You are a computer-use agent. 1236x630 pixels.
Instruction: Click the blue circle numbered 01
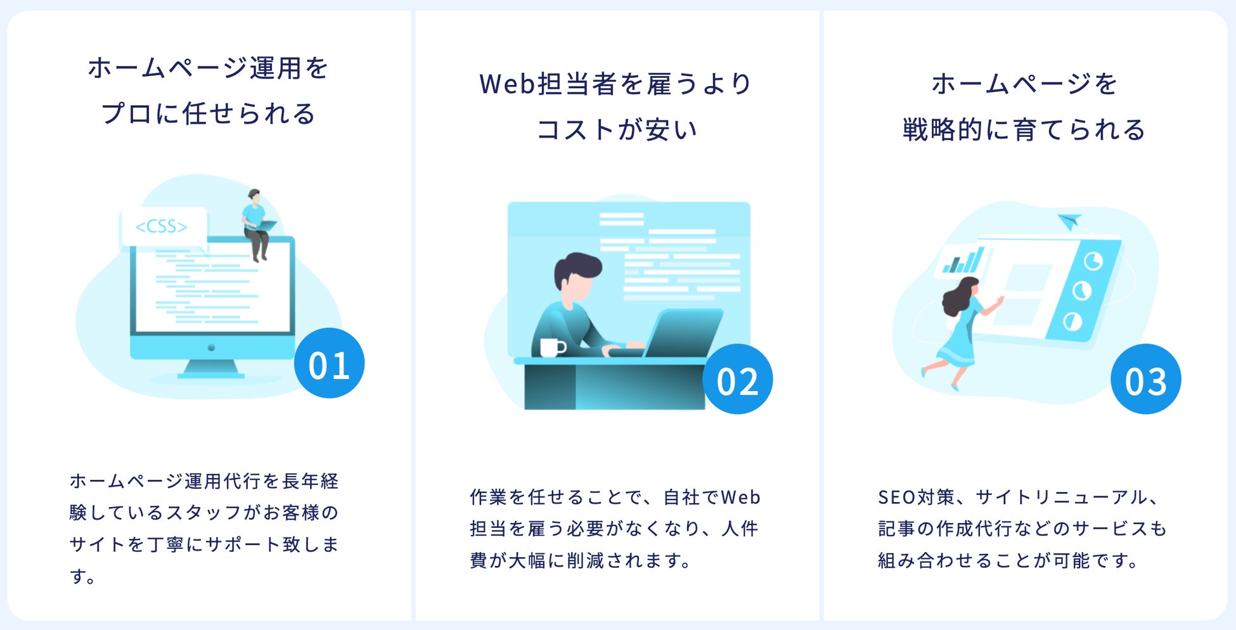coord(329,363)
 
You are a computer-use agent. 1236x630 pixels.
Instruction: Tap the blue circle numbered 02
coord(737,379)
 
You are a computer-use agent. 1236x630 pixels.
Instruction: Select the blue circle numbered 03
coord(1145,379)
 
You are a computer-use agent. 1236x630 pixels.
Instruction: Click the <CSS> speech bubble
coord(163,226)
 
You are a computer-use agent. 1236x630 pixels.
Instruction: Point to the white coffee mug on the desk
coord(551,347)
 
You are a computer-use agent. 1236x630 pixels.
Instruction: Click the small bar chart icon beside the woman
coord(962,260)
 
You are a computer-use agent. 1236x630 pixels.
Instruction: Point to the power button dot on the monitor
coord(211,347)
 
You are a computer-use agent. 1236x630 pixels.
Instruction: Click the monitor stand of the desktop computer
coord(211,368)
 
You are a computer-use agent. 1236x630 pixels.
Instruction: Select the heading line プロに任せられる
coord(208,114)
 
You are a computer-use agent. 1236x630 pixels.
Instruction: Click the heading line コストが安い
coord(617,130)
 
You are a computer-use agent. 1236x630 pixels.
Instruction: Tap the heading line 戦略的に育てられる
coord(1024,130)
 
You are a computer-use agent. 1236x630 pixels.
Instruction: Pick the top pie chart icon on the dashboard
coord(1093,260)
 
